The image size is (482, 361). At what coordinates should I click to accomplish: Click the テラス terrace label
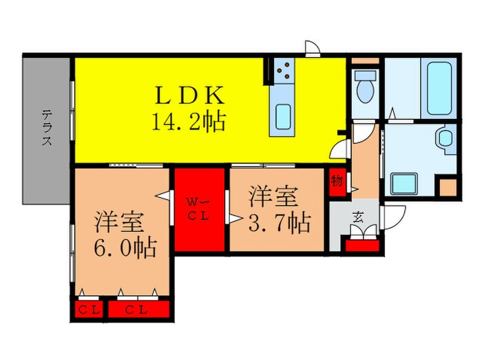click(x=47, y=129)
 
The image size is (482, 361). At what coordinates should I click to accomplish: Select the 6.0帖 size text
click(x=125, y=245)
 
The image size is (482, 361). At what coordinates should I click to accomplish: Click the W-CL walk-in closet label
click(x=199, y=207)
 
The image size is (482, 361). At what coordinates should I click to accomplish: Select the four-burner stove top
click(x=283, y=69)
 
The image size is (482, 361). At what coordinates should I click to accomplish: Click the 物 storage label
click(x=337, y=182)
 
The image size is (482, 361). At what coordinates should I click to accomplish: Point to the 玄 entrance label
click(x=358, y=217)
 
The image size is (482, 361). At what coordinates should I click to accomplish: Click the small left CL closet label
click(x=87, y=309)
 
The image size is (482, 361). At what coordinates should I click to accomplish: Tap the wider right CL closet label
click(x=138, y=309)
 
